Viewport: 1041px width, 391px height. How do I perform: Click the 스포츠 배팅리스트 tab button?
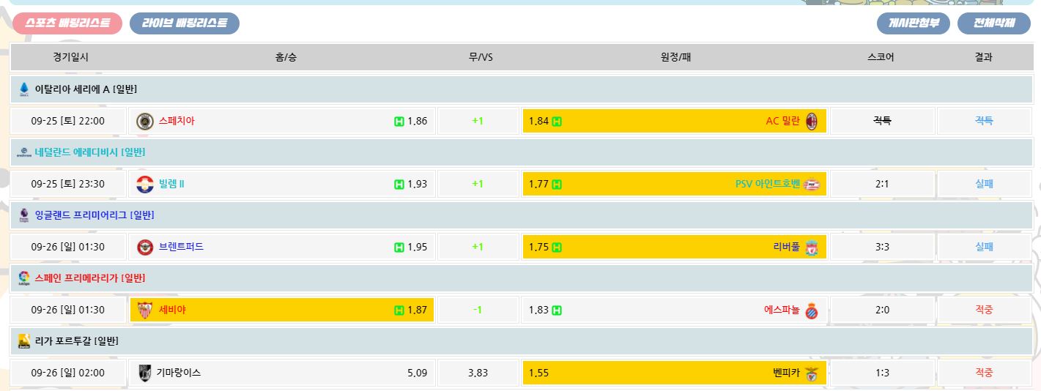(67, 23)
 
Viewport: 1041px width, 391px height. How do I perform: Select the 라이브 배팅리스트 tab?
(185, 23)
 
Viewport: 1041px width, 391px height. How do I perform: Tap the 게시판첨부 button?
(913, 23)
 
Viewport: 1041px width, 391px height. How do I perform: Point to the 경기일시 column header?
(70, 57)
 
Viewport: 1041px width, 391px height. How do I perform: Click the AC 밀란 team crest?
(811, 122)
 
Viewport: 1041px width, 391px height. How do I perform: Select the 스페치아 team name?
(177, 122)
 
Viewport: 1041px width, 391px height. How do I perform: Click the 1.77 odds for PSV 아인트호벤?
(538, 185)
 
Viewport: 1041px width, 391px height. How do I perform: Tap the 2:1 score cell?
(882, 185)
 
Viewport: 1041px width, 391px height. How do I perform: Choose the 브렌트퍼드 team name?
(181, 247)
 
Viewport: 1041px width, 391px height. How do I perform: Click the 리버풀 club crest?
(811, 247)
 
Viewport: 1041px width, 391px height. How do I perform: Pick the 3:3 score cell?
(882, 247)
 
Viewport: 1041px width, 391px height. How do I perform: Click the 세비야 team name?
(172, 310)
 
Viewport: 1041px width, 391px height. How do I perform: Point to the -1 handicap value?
(478, 310)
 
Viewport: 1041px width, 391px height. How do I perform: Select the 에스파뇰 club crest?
(811, 310)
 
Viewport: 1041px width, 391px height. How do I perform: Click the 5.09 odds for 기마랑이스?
(417, 373)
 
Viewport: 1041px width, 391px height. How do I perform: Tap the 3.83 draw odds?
(478, 373)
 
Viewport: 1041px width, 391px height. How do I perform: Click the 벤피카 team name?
(781, 373)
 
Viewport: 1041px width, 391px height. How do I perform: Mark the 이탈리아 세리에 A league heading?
(86, 89)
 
